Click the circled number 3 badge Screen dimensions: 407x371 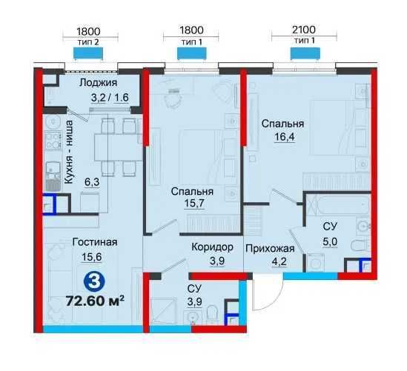[94, 283]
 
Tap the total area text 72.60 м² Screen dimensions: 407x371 [95, 301]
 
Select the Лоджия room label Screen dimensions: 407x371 [98, 83]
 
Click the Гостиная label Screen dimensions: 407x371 [95, 242]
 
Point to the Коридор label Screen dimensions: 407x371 [212, 247]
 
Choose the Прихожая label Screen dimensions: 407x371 [270, 249]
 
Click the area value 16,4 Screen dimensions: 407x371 [285, 136]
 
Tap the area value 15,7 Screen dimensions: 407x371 [194, 204]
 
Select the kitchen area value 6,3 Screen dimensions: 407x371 [92, 182]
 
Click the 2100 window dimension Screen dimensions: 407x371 [304, 30]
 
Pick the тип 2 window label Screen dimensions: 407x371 [88, 42]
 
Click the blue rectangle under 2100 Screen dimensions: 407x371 [305, 53]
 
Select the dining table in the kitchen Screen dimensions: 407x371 [117, 147]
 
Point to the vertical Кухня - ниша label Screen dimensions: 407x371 [68, 152]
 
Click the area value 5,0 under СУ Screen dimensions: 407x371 [330, 241]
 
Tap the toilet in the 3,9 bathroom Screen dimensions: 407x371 [212, 315]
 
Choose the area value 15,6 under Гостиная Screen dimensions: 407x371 [92, 257]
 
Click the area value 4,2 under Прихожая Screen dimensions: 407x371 [279, 261]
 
